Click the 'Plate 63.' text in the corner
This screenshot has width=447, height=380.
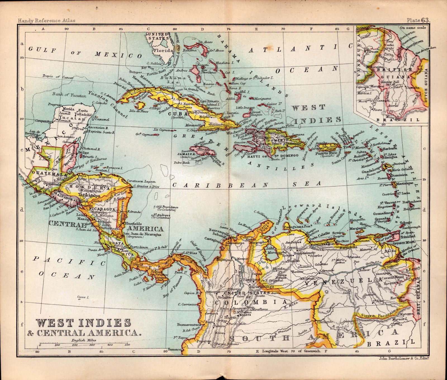(418, 20)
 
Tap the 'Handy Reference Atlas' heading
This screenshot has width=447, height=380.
(46, 20)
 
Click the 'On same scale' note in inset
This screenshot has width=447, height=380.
(413, 27)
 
